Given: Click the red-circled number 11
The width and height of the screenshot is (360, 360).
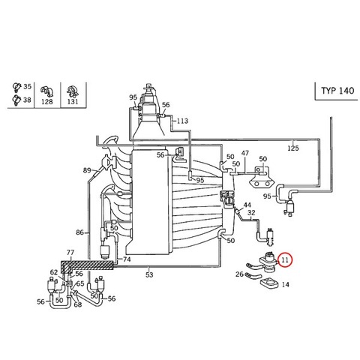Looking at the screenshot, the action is point(285,260).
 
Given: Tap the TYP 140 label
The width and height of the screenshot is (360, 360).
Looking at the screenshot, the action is point(337,91).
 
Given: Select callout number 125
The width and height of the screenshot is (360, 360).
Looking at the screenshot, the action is point(293,148).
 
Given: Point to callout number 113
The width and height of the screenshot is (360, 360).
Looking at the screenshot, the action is point(182,121).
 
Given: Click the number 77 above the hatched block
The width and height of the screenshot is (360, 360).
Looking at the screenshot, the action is point(70,253).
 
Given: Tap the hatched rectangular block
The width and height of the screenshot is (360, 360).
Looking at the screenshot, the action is point(87,265).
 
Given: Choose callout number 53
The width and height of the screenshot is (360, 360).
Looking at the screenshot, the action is point(149,275).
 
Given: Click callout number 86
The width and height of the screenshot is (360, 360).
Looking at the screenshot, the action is point(79,232).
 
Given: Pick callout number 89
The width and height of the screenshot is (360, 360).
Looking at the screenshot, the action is point(87,170).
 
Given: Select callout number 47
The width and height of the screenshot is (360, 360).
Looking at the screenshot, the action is point(245,153).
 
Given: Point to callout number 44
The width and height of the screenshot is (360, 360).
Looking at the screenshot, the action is point(247,205).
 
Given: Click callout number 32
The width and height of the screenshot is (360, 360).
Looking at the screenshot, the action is point(251,213).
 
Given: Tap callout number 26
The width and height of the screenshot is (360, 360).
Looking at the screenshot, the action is point(239,274).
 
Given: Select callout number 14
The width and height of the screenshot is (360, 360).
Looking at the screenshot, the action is point(285,284).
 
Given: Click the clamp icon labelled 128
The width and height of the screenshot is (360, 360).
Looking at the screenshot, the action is point(47,91).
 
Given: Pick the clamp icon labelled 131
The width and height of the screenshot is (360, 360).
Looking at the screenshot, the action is point(73,91).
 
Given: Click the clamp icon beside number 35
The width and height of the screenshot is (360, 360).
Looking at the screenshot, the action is point(16,87).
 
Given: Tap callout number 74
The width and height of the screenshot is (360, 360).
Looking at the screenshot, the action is point(127,259).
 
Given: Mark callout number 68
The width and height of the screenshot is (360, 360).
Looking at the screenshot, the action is point(78,304).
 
